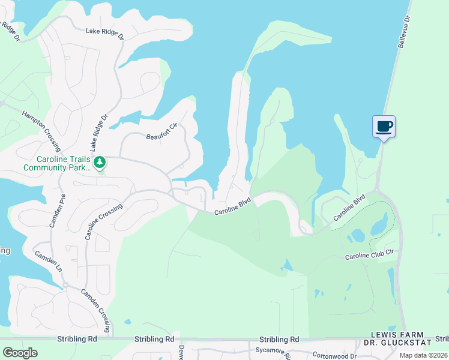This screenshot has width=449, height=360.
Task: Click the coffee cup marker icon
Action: click(x=384, y=127)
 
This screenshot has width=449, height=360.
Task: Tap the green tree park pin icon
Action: click(x=100, y=162)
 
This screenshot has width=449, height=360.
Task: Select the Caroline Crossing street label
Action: click(x=104, y=221)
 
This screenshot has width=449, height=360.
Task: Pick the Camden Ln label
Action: click(x=48, y=262)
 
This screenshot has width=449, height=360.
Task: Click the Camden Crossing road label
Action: click(x=96, y=310)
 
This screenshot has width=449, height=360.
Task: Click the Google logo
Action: click(x=20, y=353)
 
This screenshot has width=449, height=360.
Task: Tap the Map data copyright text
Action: click(x=423, y=355)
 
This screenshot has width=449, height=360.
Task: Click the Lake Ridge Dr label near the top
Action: click(x=104, y=34)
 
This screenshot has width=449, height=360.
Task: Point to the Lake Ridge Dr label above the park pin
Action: click(x=98, y=133)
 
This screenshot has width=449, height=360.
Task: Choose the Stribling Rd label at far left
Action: click(x=77, y=340)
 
